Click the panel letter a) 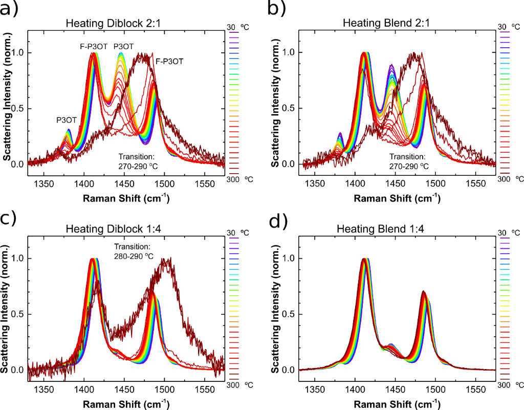click(x=12, y=9)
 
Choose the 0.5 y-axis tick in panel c click(x=17, y=314)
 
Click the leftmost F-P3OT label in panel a click(x=94, y=46)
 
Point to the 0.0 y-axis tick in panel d click(x=289, y=370)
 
